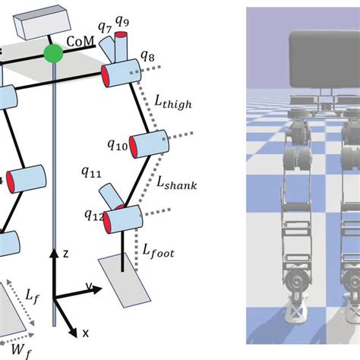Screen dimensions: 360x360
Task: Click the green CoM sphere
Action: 53,53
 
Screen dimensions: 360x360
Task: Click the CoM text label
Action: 81,41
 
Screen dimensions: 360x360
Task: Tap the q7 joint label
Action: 105,27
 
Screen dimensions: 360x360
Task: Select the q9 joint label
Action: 122,21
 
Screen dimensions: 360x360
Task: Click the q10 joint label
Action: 118,144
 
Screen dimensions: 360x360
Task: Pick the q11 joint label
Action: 91,172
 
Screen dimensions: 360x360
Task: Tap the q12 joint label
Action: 94,215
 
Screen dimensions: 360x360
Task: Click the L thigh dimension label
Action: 173,103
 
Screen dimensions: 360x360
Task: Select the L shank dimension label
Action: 177,182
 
